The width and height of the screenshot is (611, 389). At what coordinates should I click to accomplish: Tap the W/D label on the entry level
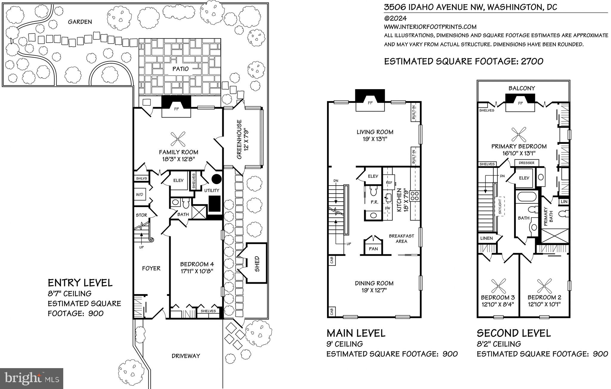(139, 194)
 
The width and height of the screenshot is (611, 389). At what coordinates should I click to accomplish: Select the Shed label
(257, 264)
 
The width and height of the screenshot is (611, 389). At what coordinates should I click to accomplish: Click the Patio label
(180, 69)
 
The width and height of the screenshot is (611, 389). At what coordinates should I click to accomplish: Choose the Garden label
(80, 22)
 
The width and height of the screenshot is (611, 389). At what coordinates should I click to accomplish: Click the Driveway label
(186, 356)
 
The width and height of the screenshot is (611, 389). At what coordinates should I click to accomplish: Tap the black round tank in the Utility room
(217, 179)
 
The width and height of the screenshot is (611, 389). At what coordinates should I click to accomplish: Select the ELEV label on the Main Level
(373, 176)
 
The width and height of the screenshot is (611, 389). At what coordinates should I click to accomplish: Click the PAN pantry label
(373, 248)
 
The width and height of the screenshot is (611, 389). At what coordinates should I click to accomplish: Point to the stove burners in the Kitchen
(415, 196)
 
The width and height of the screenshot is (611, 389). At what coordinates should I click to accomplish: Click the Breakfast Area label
(401, 238)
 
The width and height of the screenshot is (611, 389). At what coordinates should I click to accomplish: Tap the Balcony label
(522, 88)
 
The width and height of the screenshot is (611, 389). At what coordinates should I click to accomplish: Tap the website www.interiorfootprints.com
(430, 27)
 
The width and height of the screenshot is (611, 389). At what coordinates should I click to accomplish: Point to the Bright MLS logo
(32, 379)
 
